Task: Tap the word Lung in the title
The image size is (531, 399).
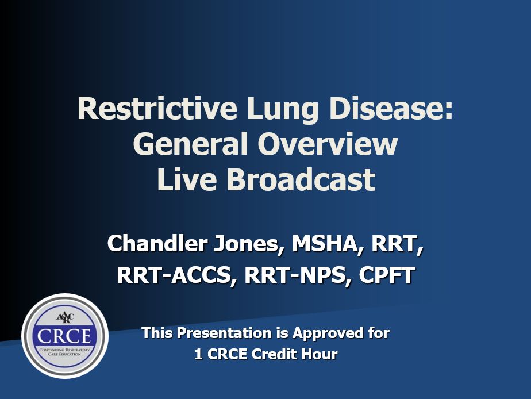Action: coord(282,109)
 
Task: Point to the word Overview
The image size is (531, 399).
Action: coord(328,143)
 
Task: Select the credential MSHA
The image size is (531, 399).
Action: coord(325,244)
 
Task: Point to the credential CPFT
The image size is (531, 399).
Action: coord(387,275)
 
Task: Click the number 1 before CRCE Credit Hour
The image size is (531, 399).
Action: coord(198,354)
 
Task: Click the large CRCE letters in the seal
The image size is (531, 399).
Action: coord(64,336)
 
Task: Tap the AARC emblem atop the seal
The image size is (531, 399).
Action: coord(65,318)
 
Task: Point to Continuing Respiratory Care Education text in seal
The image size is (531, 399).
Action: coord(64,352)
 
